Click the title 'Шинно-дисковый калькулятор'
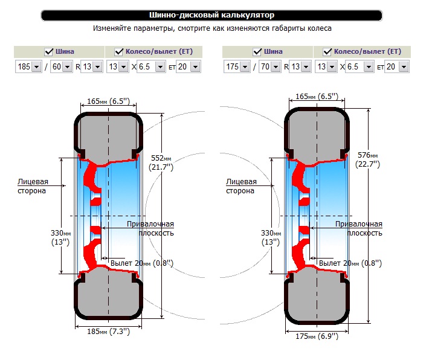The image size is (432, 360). tap(211, 15)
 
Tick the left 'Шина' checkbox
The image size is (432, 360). tap(48, 51)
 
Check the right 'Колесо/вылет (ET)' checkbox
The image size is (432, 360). tap(327, 51)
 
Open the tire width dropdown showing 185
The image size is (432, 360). tap(28, 66)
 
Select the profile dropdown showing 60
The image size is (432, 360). tap(61, 66)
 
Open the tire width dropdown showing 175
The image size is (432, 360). tap(237, 66)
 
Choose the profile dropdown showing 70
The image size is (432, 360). tap(269, 66)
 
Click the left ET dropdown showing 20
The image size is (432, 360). tap(189, 66)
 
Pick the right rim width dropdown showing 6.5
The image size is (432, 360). tap(360, 66)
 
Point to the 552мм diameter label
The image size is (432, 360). tap(161, 162)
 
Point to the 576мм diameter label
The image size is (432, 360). tap(367, 159)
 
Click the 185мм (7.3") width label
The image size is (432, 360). tap(108, 332)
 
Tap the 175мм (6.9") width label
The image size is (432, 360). tap(317, 336)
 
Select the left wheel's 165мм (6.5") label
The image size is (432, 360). tap(108, 101)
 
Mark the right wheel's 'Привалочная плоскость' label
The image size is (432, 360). tap(359, 228)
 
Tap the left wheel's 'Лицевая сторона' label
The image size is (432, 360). tap(33, 186)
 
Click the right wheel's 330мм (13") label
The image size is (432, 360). tap(271, 237)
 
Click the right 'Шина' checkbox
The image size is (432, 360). tap(257, 51)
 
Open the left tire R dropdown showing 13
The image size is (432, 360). tap(92, 66)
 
